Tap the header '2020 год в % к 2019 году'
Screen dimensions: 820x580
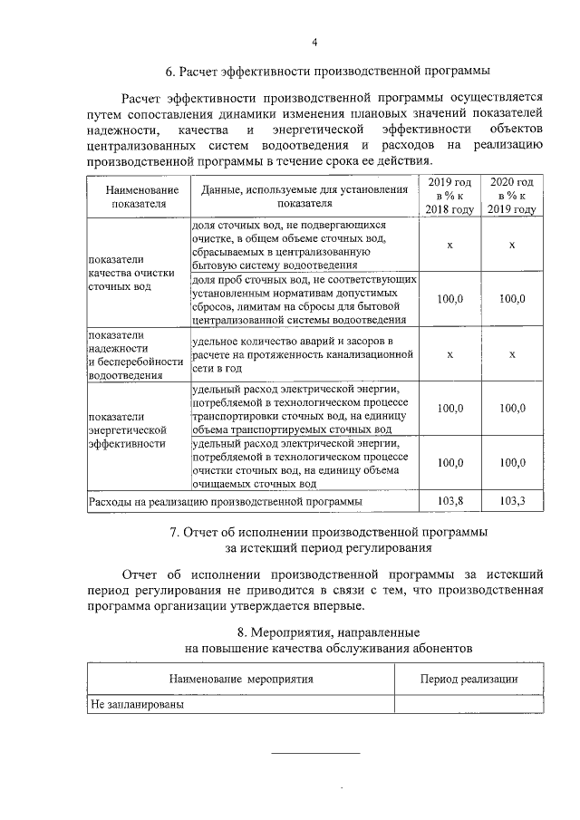coord(512,197)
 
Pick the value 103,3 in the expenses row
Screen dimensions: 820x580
coord(512,500)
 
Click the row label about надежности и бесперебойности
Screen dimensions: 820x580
coord(131,354)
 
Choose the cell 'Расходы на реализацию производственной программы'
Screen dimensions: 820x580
coord(225,500)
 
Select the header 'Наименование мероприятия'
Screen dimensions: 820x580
coord(240,679)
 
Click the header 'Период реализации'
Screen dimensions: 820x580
coord(469,679)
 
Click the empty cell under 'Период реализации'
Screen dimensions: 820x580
coord(469,704)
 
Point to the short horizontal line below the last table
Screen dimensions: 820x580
coord(315,753)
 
